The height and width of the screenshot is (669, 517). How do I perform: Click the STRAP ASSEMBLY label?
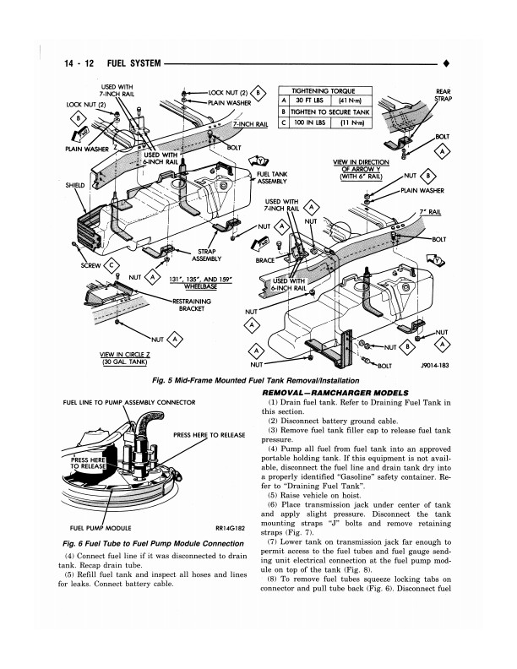click(x=207, y=255)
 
